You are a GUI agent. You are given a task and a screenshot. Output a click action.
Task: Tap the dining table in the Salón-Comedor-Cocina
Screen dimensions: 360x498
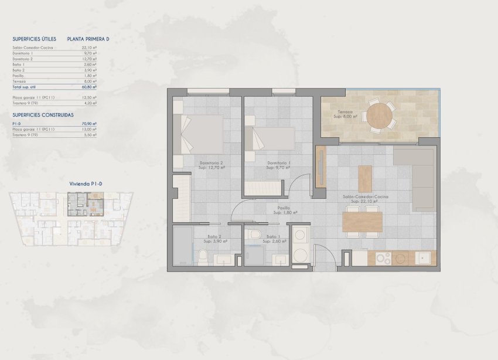(361, 222)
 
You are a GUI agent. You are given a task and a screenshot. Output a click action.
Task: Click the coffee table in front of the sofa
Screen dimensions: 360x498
(365, 178)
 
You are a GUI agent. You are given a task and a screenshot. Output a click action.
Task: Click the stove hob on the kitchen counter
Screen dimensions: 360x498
(383, 257)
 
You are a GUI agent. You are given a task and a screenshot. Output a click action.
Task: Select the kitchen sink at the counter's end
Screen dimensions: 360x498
(424, 257)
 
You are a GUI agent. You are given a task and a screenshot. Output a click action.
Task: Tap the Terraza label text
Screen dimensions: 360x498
(345, 112)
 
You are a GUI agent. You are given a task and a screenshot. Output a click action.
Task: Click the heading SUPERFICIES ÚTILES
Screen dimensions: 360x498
(34, 39)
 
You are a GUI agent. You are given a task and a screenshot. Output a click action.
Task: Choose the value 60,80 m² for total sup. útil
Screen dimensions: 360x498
(90, 86)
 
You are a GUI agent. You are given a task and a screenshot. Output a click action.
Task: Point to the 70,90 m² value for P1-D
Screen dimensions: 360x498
(90, 124)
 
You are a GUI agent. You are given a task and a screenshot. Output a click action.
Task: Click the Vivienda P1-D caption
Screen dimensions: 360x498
(86, 184)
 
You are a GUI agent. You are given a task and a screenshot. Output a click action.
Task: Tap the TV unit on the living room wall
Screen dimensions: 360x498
(320, 167)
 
